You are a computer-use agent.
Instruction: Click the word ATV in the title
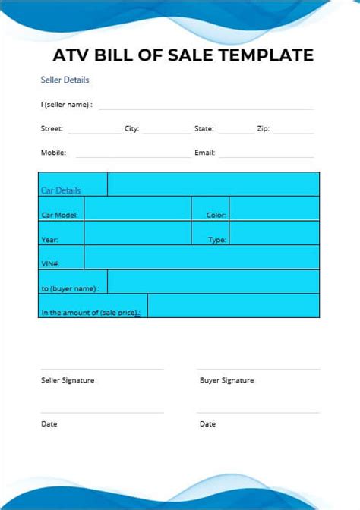tap(69, 55)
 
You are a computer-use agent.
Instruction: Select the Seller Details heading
tap(65, 80)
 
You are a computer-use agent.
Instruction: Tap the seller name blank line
tap(205, 105)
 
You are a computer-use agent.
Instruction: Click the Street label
tap(52, 129)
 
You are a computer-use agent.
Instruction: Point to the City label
tap(131, 129)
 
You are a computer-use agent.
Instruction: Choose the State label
tap(204, 129)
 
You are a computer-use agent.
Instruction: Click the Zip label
tap(263, 129)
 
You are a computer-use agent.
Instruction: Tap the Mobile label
tap(53, 153)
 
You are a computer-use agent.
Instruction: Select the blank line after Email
tap(266, 154)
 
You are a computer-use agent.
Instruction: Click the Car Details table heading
tap(61, 190)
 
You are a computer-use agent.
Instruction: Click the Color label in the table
tap(216, 216)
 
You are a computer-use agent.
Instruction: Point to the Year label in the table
tap(49, 240)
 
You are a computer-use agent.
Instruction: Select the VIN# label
tap(50, 264)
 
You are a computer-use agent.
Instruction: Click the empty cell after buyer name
tap(213, 282)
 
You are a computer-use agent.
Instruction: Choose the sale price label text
tap(90, 312)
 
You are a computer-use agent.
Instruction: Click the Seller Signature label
tap(68, 380)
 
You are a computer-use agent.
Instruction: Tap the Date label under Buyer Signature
tap(207, 424)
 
